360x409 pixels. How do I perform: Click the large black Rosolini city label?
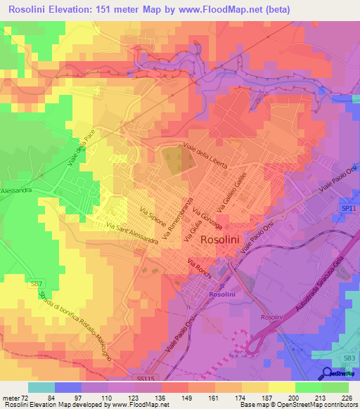tap(223, 239)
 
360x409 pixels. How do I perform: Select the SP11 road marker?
tap(347, 209)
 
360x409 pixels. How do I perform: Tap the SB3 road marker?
tap(349, 358)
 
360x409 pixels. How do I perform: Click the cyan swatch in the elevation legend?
tap(41, 387)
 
